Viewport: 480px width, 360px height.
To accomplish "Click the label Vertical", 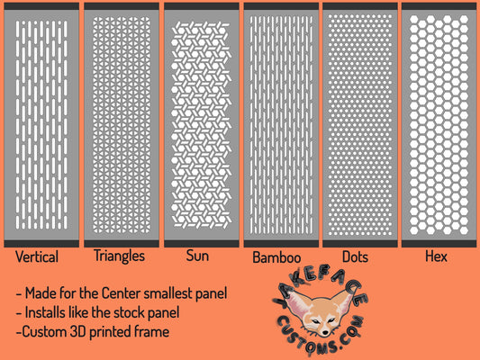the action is tap(37, 256).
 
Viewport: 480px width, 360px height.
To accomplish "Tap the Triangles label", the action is tap(119, 256).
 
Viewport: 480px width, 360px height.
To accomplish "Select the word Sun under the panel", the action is tap(197, 256).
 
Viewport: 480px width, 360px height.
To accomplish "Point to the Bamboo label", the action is tap(276, 257).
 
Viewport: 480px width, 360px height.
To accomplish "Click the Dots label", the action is tap(355, 256).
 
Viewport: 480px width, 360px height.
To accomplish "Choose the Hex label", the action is tap(436, 256).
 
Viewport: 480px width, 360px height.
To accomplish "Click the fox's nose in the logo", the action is tap(325, 332).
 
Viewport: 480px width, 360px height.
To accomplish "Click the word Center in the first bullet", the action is tap(122, 293).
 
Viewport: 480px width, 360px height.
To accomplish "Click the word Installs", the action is tap(45, 312).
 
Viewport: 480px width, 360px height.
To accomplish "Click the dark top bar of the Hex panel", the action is tap(439, 6).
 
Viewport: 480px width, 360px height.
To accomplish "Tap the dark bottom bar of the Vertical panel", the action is tap(41, 244).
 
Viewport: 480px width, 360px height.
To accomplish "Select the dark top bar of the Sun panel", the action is tap(202, 6).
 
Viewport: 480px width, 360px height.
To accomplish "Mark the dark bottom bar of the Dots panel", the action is tap(360, 244).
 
